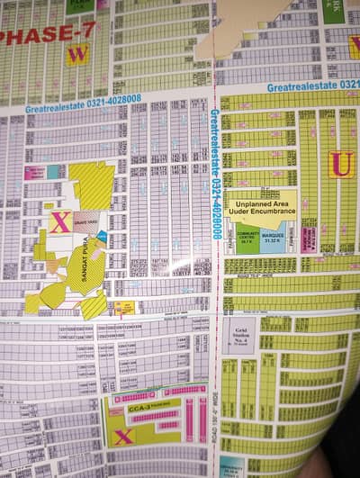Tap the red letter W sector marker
point(77,54)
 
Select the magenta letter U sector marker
point(340,164)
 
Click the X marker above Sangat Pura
point(60,221)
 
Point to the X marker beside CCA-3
point(123,436)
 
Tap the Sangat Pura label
point(87,261)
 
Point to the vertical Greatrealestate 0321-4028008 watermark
point(216,171)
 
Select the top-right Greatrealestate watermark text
point(311,86)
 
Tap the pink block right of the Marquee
point(307,239)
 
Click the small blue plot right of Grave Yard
point(102,236)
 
